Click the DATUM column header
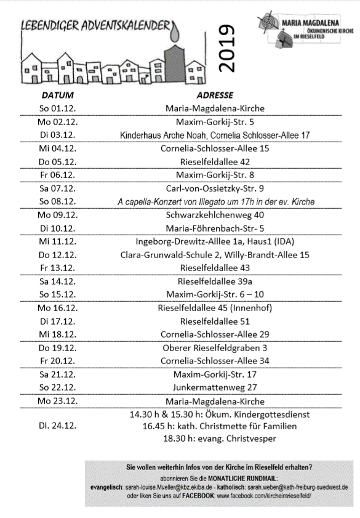(x=57, y=96)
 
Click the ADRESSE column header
(x=214, y=96)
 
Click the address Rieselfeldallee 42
(x=214, y=162)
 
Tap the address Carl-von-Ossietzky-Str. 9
(x=214, y=188)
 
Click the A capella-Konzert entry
(x=214, y=202)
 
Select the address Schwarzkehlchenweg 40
(x=214, y=215)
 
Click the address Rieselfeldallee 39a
(x=214, y=281)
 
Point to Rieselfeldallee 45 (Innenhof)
(x=214, y=308)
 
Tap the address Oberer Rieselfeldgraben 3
(x=214, y=347)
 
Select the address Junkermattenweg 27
(x=214, y=387)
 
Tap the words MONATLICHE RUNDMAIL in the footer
(x=246, y=477)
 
